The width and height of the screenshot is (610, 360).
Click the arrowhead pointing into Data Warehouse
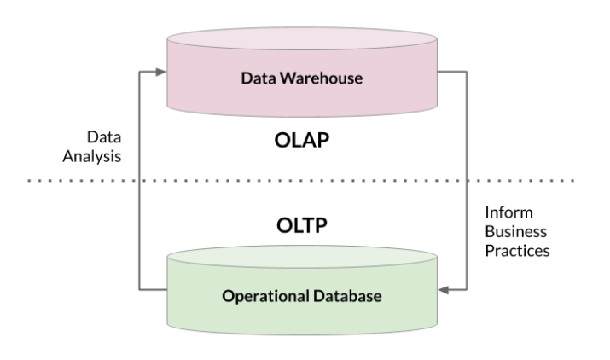[163, 73]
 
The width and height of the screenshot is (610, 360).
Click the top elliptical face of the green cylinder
[302, 257]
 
